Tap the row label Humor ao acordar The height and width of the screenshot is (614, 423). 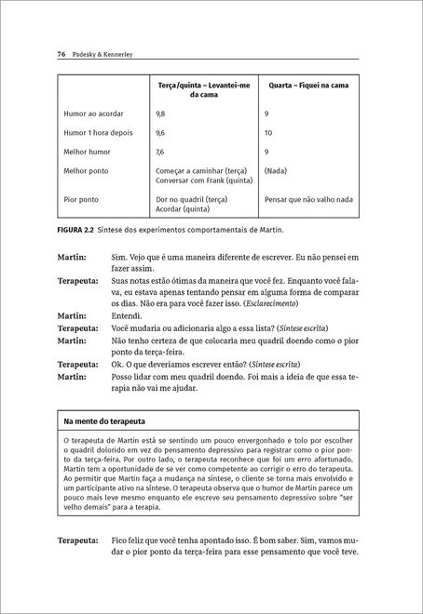point(93,113)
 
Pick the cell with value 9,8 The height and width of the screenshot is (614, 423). point(160,113)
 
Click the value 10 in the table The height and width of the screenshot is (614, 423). point(268,132)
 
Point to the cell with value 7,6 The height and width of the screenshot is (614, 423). point(160,152)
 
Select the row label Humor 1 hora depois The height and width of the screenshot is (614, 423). point(98,132)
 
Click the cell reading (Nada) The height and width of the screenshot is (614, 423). point(276,170)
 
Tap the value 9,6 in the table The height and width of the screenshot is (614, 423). point(160,132)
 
